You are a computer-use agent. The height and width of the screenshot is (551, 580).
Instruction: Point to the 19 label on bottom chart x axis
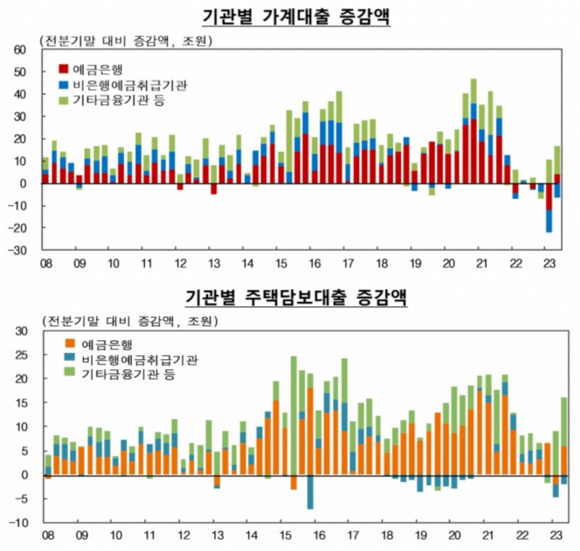point(420,536)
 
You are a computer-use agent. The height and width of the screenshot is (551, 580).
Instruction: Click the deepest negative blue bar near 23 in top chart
point(549,221)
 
